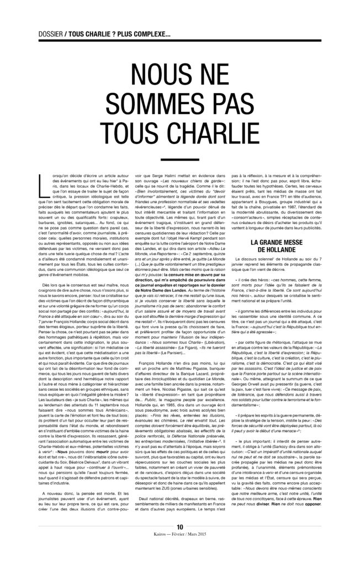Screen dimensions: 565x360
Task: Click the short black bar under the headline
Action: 180,161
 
